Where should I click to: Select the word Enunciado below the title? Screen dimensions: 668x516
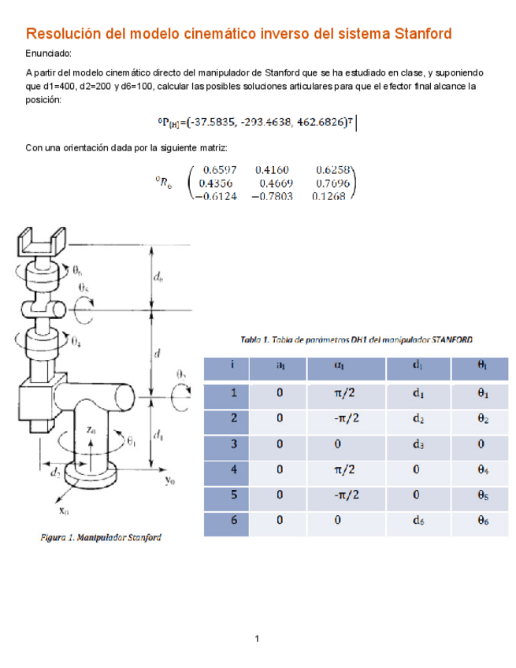point(48,54)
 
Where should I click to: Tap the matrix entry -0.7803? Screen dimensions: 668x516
point(269,197)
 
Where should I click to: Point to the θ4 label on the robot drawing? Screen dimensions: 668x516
point(75,342)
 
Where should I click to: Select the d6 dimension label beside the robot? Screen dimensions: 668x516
point(159,276)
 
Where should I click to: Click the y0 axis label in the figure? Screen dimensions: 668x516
point(170,480)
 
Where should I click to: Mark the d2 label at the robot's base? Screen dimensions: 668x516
point(54,474)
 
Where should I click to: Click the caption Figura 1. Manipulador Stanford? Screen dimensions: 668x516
point(101,539)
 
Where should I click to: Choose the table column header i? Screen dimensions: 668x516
point(233,366)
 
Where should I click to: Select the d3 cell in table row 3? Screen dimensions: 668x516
point(418,444)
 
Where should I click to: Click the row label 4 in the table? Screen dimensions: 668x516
point(233,469)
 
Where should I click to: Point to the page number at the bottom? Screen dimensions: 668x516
point(258,637)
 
